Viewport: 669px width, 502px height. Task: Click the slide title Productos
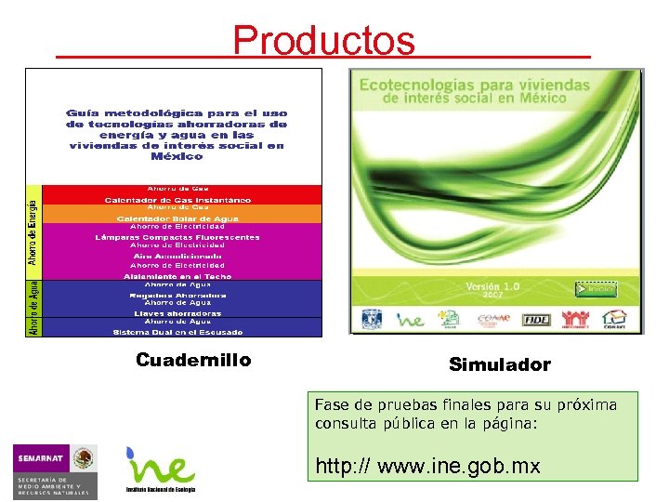pyautogui.click(x=323, y=40)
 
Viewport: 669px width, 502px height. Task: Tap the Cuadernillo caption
pyautogui.click(x=193, y=360)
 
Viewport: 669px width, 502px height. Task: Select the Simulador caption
pyautogui.click(x=499, y=365)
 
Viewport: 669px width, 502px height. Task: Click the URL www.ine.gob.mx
pyautogui.click(x=427, y=466)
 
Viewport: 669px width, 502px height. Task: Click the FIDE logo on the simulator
pyautogui.click(x=537, y=319)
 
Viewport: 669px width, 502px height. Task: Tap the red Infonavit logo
pyautogui.click(x=575, y=319)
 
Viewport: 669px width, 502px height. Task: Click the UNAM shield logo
pyautogui.click(x=373, y=318)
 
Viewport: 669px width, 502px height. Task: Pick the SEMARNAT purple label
pyautogui.click(x=41, y=458)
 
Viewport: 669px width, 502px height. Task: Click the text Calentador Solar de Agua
pyautogui.click(x=177, y=218)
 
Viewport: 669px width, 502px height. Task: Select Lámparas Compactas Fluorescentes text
pyautogui.click(x=177, y=237)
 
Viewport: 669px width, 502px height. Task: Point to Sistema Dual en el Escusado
pyautogui.click(x=177, y=331)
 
